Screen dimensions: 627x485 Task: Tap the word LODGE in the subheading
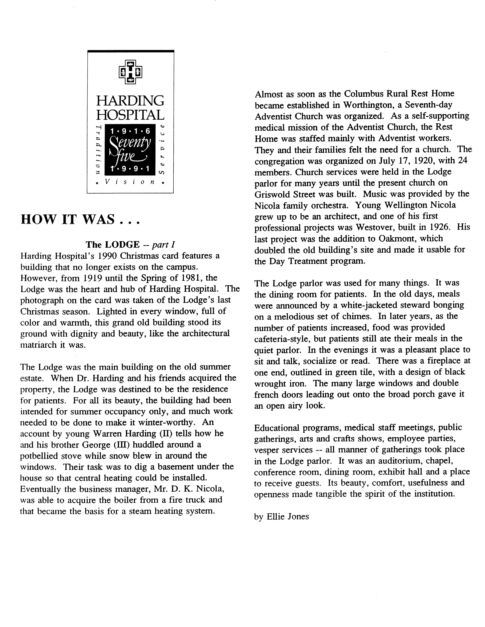click(x=122, y=245)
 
